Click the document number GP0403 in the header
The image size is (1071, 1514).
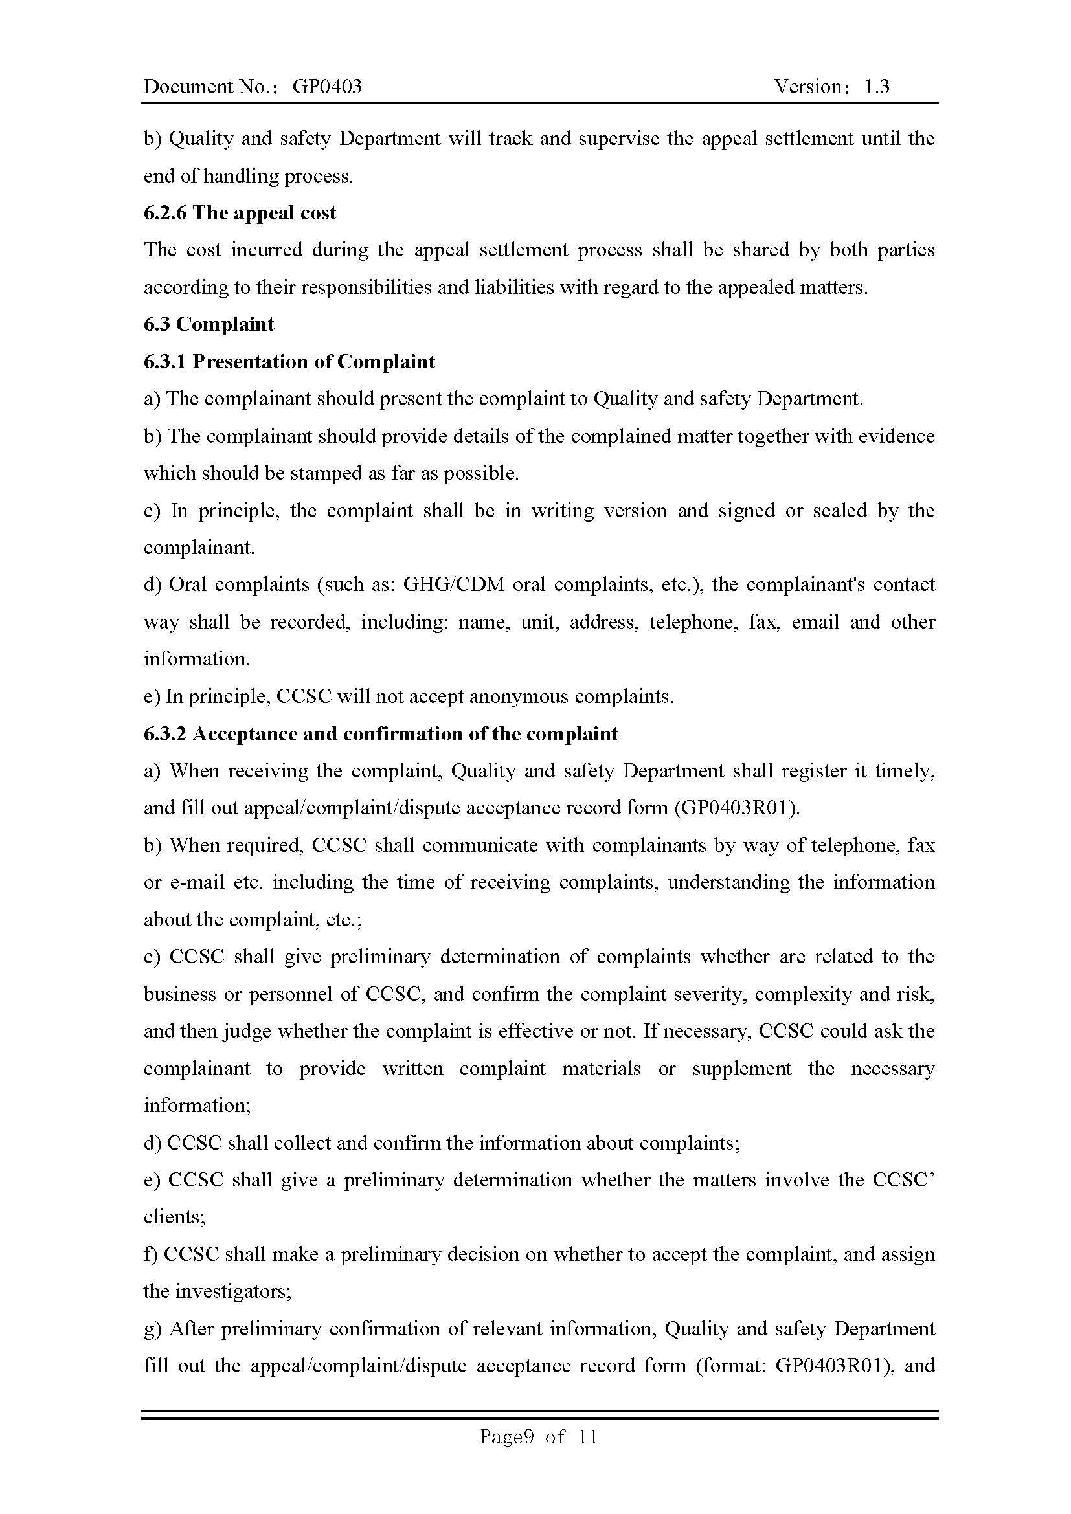pyautogui.click(x=327, y=86)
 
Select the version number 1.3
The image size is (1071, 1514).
pyautogui.click(x=877, y=86)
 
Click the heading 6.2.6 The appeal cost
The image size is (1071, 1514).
pyautogui.click(x=240, y=213)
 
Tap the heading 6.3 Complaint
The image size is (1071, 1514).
pyautogui.click(x=209, y=324)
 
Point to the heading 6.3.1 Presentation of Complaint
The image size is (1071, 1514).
pyautogui.click(x=289, y=362)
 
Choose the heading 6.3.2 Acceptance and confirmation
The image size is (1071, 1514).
pyautogui.click(x=381, y=734)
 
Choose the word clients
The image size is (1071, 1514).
pyautogui.click(x=174, y=1217)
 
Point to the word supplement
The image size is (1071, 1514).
pyautogui.click(x=742, y=1068)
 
